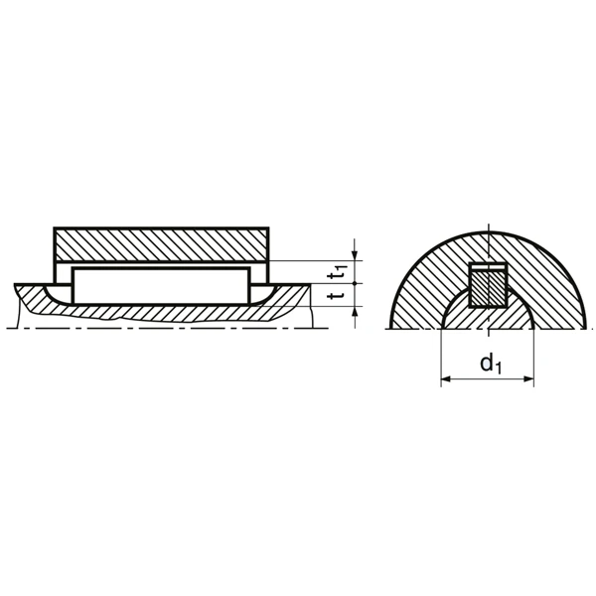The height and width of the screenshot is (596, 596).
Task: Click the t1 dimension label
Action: (x=339, y=269)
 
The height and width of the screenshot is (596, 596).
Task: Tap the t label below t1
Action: (x=339, y=295)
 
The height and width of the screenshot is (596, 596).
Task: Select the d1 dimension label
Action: (x=489, y=365)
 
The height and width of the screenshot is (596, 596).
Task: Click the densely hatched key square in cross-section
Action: (x=488, y=288)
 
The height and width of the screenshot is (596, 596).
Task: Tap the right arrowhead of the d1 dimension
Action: (x=529, y=379)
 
